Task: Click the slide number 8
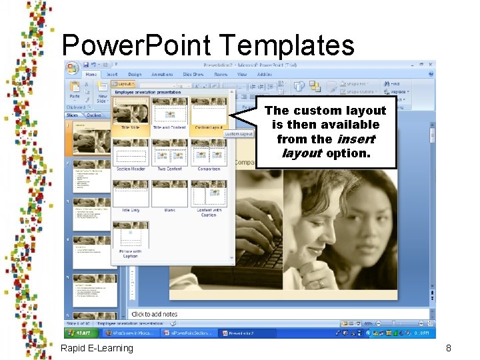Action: [x=449, y=348]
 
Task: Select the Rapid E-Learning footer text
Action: [x=97, y=348]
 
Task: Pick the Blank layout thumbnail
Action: [x=169, y=195]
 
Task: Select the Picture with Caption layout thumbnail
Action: [x=131, y=237]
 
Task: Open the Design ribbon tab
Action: [x=135, y=75]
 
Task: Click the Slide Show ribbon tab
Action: [x=193, y=75]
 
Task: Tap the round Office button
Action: [x=73, y=68]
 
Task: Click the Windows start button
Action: [x=81, y=333]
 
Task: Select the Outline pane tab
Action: [x=95, y=115]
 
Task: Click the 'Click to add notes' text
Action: [x=155, y=314]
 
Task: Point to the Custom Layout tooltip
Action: [x=239, y=134]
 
